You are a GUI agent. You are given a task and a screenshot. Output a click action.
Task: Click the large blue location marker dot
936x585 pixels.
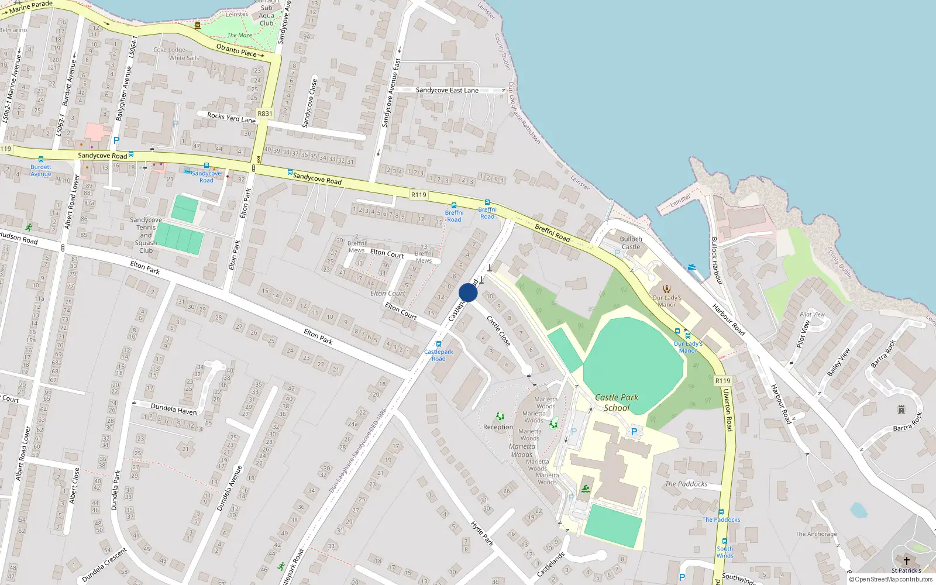pyautogui.click(x=468, y=293)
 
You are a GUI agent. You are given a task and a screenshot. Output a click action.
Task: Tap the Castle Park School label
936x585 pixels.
pyautogui.click(x=617, y=402)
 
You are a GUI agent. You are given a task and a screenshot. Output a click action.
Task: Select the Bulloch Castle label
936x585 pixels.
pyautogui.click(x=631, y=243)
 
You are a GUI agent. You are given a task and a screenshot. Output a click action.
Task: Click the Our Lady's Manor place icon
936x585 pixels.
pyautogui.click(x=667, y=289)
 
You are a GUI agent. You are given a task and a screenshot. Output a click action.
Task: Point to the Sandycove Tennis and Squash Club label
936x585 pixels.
pyautogui.click(x=146, y=235)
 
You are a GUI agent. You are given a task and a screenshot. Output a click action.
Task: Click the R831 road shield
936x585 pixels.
pyautogui.click(x=265, y=114)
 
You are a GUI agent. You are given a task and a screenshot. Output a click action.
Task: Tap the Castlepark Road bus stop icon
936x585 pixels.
pyautogui.click(x=438, y=344)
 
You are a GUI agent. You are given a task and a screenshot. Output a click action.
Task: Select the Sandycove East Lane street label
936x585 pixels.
pyautogui.click(x=447, y=90)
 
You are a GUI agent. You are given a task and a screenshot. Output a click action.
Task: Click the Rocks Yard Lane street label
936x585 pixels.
pyautogui.click(x=231, y=118)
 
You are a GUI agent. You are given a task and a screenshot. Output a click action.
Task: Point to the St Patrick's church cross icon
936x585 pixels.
pyautogui.click(x=906, y=561)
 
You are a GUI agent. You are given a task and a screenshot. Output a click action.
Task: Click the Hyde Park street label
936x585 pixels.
pyautogui.click(x=482, y=534)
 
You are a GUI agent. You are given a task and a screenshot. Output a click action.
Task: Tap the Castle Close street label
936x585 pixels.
pyautogui.click(x=498, y=331)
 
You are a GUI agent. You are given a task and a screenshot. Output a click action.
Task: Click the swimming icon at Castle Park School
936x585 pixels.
pyautogui.click(x=586, y=488)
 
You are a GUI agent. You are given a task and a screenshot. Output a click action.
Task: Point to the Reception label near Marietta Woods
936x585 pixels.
pyautogui.click(x=498, y=427)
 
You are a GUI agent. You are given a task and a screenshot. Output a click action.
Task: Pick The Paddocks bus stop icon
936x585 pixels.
pyautogui.click(x=721, y=512)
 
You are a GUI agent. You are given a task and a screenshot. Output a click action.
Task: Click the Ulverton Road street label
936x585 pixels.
pyautogui.click(x=728, y=409)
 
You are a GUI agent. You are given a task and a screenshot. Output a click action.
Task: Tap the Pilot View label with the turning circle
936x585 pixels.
pyautogui.click(x=804, y=333)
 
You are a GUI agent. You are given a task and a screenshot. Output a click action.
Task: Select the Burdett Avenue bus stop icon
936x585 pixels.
pyautogui.click(x=41, y=159)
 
